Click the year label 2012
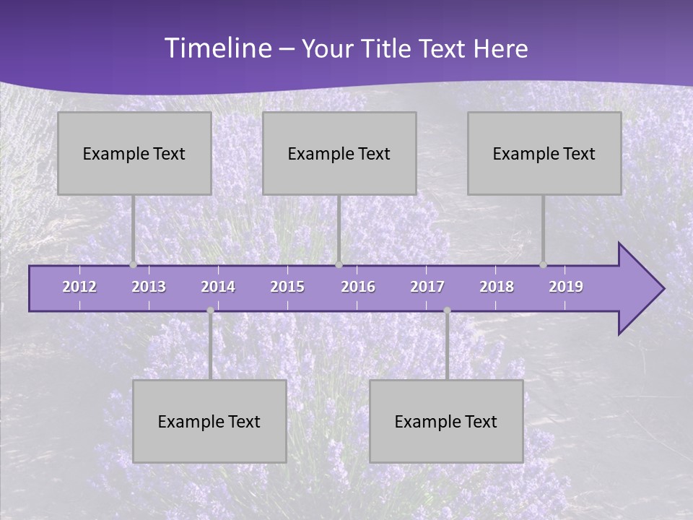click(x=79, y=287)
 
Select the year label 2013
click(x=149, y=287)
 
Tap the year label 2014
click(x=218, y=287)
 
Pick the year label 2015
click(x=287, y=287)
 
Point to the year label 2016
click(x=358, y=287)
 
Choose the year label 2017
click(x=427, y=287)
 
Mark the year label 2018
click(x=497, y=287)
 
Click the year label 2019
click(x=566, y=287)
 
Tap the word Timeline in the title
click(x=217, y=48)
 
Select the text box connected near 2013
click(x=134, y=153)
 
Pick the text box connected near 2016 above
click(x=339, y=153)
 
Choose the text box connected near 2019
click(x=544, y=153)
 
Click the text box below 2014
click(x=209, y=421)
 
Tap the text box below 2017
click(x=446, y=421)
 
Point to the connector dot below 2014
click(x=210, y=310)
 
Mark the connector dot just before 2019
click(x=543, y=264)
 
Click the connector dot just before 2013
click(x=133, y=264)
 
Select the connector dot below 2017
click(x=447, y=310)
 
